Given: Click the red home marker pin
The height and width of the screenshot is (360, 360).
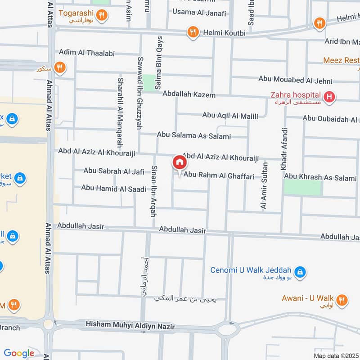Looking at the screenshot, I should pos(179,162).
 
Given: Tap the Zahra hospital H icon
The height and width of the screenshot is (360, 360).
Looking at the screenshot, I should pos(330,97).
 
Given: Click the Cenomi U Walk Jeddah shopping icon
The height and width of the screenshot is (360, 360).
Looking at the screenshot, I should pos(299,272).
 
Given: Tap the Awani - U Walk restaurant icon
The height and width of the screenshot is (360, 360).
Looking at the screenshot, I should pos(342,300).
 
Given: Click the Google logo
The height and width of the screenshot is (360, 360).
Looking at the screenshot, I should pos(19,353).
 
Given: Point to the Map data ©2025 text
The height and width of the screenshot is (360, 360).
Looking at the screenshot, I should pos(335,355).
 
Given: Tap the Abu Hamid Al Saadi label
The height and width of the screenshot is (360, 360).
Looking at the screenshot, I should pos(113,188).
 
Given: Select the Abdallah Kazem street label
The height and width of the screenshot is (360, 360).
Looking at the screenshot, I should pos(189,95).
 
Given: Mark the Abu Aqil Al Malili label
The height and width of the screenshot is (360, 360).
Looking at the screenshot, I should pos(230,116).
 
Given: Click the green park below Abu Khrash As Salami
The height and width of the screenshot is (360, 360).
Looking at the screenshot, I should pos(303,188).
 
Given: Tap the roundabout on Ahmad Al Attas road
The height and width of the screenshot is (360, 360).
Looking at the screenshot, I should pos(49,324).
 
